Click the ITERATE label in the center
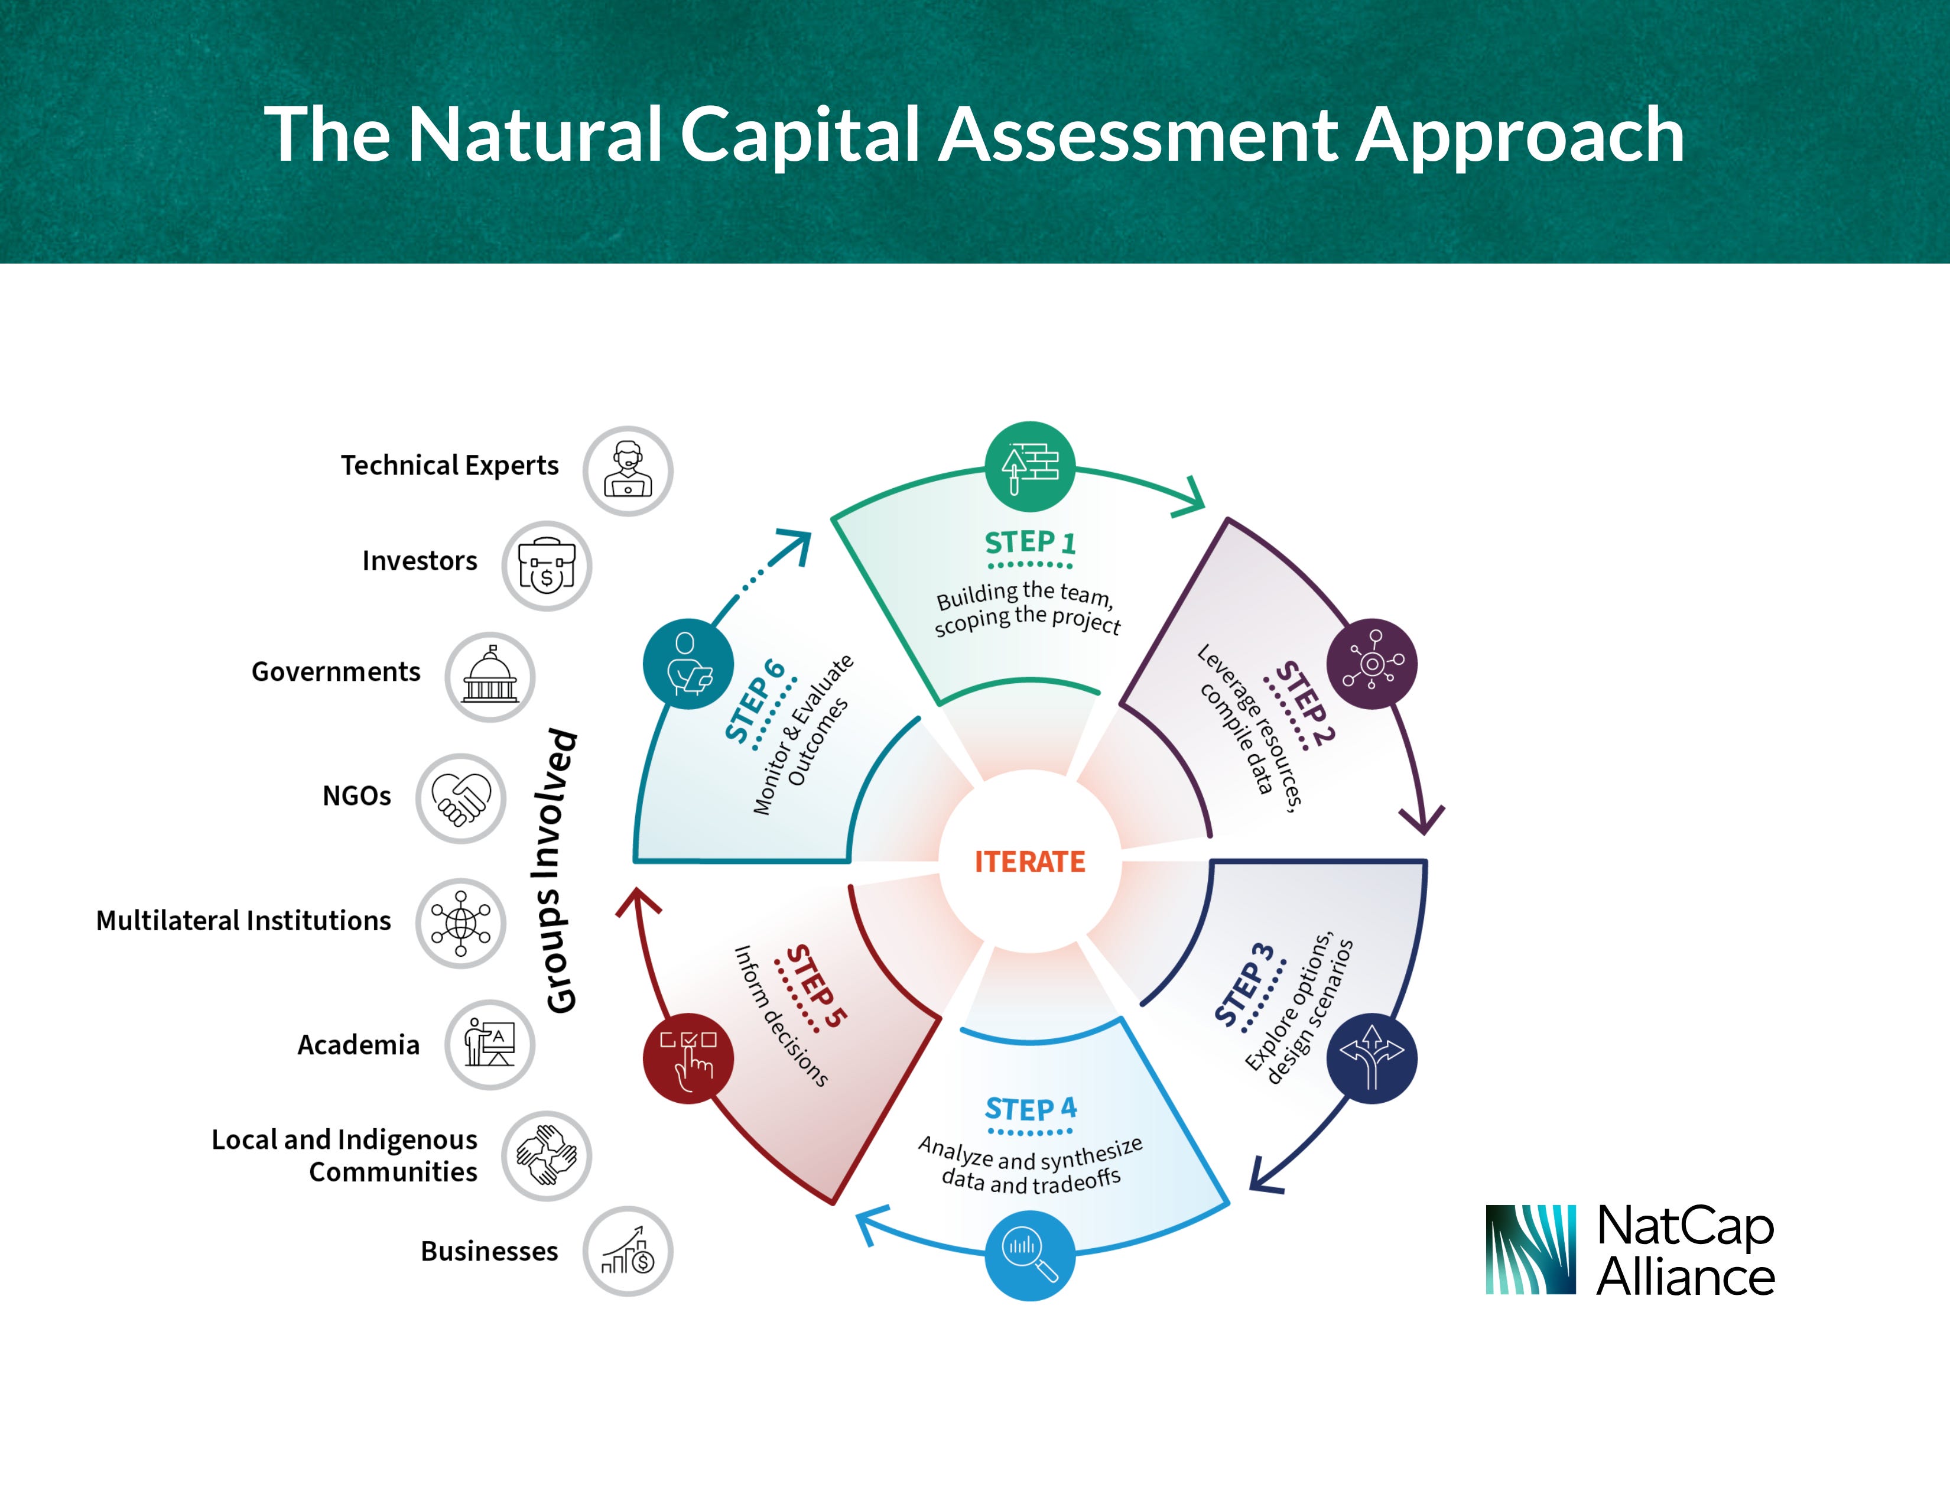click(x=1029, y=862)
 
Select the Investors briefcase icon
click(x=547, y=566)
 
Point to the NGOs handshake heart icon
click(x=461, y=798)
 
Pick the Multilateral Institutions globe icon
click(x=461, y=923)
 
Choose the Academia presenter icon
click(x=490, y=1044)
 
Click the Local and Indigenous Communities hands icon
click(x=547, y=1155)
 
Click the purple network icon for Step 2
click(x=1372, y=663)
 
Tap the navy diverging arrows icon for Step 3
click(x=1371, y=1058)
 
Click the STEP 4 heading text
click(x=1031, y=1109)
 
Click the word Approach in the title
click(x=1520, y=136)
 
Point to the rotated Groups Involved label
click(x=560, y=871)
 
